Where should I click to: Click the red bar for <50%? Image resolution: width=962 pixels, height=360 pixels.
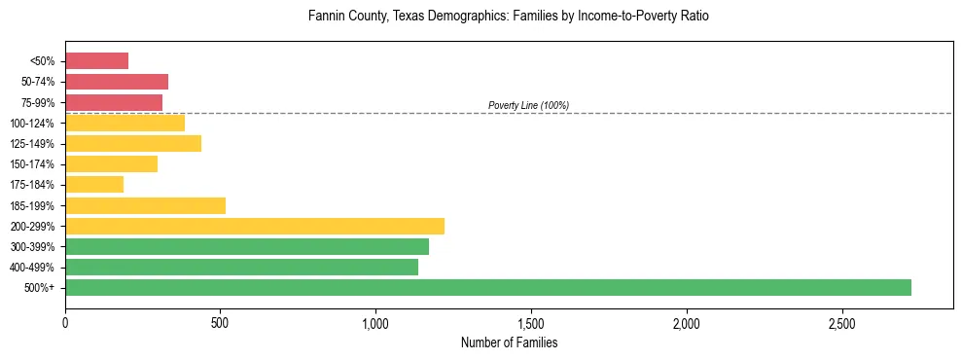96,61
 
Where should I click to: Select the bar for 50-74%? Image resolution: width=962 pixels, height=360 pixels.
117,82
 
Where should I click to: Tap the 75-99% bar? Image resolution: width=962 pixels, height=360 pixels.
114,102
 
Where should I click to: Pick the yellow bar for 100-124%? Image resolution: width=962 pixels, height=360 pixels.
125,123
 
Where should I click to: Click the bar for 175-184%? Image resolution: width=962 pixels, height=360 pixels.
94,185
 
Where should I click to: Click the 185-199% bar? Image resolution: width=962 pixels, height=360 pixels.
145,205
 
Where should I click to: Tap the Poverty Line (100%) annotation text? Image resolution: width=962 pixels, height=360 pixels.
528,105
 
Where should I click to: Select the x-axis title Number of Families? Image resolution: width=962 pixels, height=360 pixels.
509,342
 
